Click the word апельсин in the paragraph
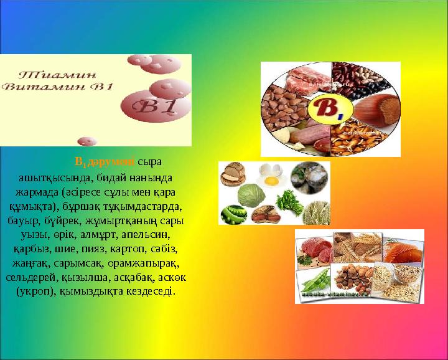coord(148,235)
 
